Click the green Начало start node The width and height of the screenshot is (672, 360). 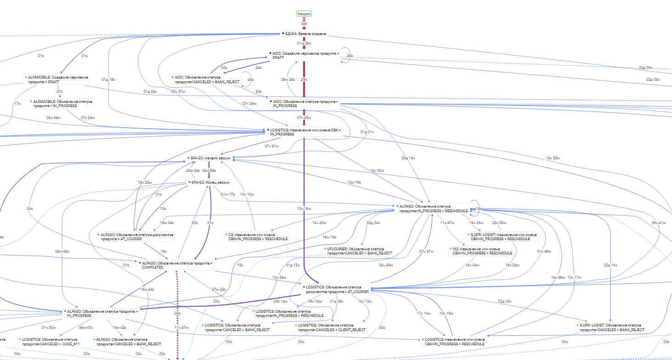304,14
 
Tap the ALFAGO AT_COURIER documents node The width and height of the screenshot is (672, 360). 137,236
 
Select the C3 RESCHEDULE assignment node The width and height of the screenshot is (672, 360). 258,236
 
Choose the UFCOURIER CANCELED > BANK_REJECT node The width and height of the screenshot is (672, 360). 359,251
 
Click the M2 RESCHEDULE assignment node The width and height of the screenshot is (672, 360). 482,251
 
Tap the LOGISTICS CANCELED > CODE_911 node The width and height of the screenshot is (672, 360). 50,341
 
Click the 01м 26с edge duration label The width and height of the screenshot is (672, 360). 304,43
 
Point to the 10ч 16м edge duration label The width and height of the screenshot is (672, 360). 304,209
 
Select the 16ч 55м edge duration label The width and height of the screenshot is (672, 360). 553,158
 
